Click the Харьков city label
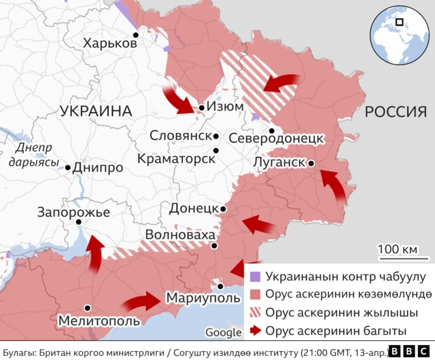[109, 43]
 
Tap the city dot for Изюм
[202, 107]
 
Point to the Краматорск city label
[175, 158]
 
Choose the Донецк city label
[193, 208]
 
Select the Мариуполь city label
[202, 298]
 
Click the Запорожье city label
[74, 212]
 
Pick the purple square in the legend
[255, 276]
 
